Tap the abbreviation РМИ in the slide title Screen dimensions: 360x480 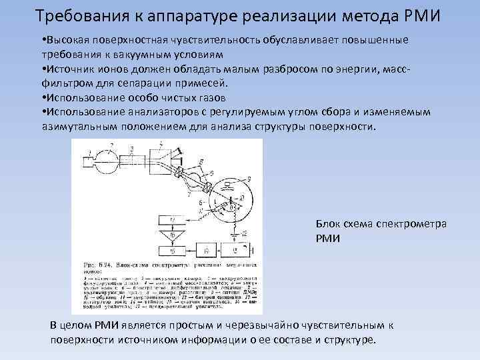(419, 15)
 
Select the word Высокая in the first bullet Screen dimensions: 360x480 (67, 41)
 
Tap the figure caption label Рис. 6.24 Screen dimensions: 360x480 (95, 264)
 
